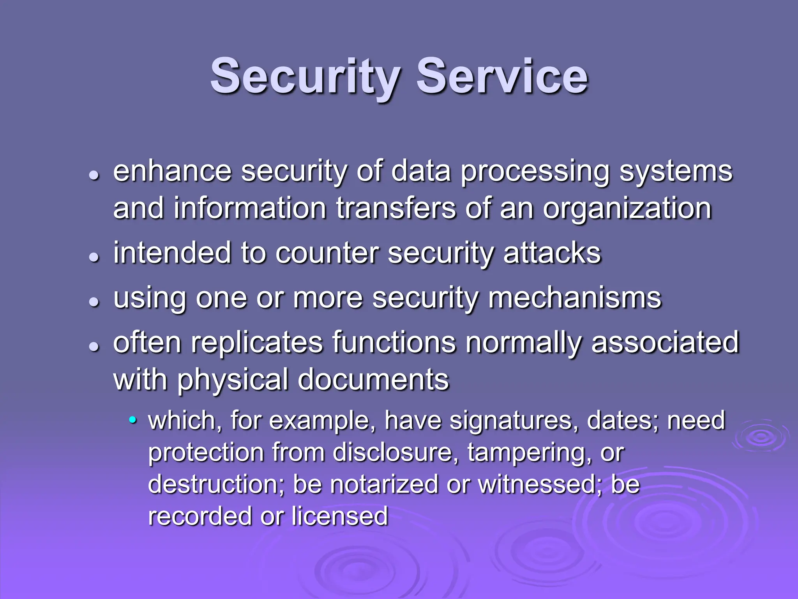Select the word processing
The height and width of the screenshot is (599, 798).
tap(535, 172)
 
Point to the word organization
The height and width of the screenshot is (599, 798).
tap(627, 209)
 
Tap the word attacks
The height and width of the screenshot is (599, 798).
tap(552, 253)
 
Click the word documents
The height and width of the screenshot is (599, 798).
tap(373, 379)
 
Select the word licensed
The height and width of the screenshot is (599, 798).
tap(339, 516)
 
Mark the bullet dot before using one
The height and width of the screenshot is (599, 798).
tap(94, 301)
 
